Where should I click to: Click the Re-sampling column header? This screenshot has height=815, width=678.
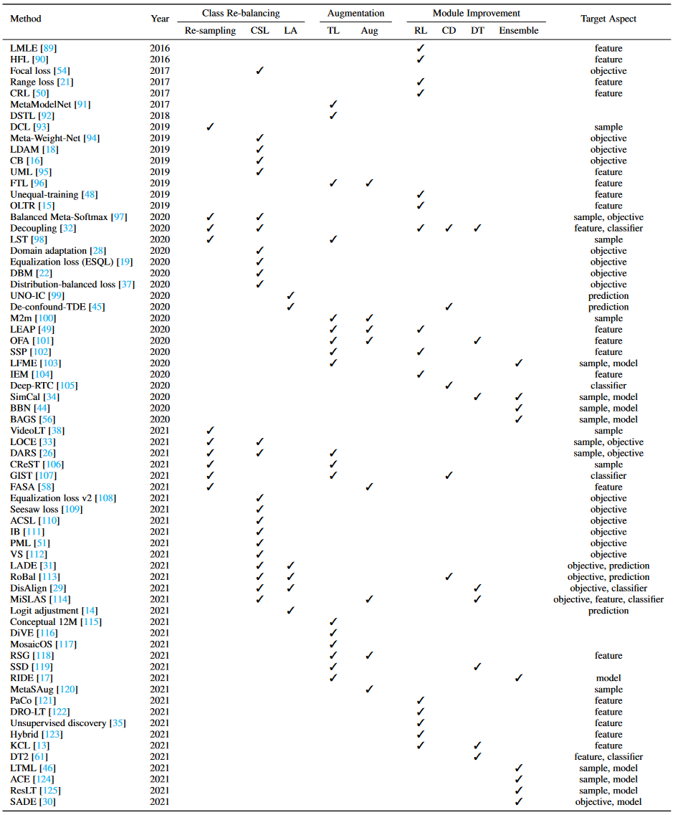[x=209, y=31]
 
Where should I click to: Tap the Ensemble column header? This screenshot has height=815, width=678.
[x=518, y=31]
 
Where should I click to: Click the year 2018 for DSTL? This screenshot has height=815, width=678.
[x=160, y=116]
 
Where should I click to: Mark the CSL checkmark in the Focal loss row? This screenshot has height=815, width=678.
[x=260, y=71]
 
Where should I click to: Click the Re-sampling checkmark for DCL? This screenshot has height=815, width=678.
[x=210, y=127]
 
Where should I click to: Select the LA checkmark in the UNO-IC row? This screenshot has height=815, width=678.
[x=290, y=295]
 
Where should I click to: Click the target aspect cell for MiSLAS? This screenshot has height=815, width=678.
[x=608, y=599]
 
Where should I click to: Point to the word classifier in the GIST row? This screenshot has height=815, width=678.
[x=608, y=475]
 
